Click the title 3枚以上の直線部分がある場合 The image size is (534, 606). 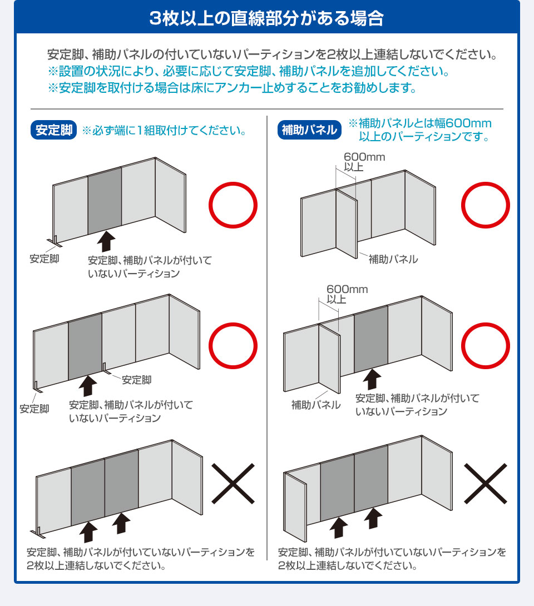coord(266,18)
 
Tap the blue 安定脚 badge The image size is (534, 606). coord(54,130)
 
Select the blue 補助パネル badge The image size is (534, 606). coord(309,130)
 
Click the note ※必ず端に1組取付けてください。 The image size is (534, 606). coord(164,131)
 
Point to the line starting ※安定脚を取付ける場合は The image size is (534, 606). coord(232,88)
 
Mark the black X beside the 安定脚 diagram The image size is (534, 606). coord(233,484)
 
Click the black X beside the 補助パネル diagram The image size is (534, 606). coord(485,484)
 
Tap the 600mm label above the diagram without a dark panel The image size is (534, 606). coord(364,157)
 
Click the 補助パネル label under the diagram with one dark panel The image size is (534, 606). coord(316,405)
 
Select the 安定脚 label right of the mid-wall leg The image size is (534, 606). coord(136,380)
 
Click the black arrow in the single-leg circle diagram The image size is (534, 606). coord(106,241)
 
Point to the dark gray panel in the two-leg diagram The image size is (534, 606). coord(85,346)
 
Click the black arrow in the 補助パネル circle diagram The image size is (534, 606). coord(372,379)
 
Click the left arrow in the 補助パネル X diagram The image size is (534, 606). coord(339,528)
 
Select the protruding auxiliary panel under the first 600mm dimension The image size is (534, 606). coord(347,223)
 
